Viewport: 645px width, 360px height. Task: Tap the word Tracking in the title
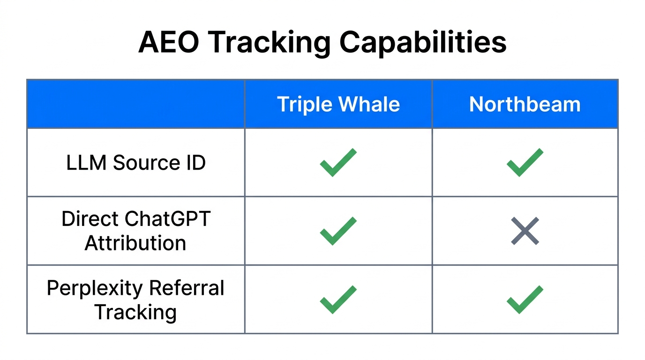(x=268, y=43)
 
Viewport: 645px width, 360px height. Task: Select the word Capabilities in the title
(x=422, y=43)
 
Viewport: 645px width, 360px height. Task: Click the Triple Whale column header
(x=338, y=104)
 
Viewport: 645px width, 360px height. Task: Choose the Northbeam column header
(x=525, y=104)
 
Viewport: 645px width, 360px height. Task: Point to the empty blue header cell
(x=136, y=104)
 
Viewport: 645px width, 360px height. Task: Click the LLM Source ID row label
(x=136, y=163)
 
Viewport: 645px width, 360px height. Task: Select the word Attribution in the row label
(x=135, y=243)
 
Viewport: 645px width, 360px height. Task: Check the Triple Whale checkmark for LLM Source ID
(x=338, y=162)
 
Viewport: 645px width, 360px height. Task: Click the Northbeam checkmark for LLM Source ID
(x=525, y=162)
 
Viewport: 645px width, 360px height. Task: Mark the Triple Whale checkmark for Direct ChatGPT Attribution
(x=338, y=231)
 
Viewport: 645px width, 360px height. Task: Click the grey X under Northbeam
(x=525, y=231)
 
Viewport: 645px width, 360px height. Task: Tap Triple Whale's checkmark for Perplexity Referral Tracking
(x=338, y=299)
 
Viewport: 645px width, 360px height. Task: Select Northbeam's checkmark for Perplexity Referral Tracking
(x=525, y=299)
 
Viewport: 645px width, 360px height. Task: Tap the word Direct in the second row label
(x=90, y=219)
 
